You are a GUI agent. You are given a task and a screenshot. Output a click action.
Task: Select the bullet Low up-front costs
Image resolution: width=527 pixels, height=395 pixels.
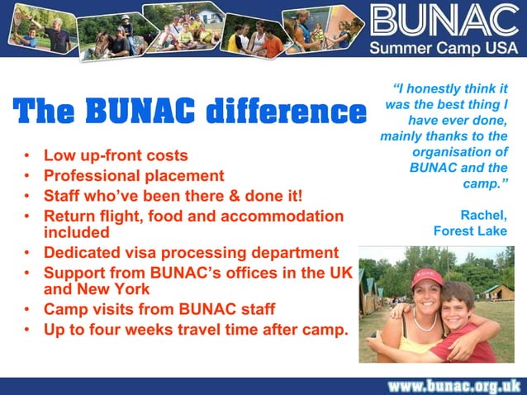coord(116,155)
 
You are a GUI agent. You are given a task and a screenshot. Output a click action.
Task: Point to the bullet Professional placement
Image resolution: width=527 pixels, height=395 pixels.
coord(134,176)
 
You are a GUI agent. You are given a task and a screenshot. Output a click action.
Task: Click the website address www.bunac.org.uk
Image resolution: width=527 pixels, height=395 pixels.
coord(454,385)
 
